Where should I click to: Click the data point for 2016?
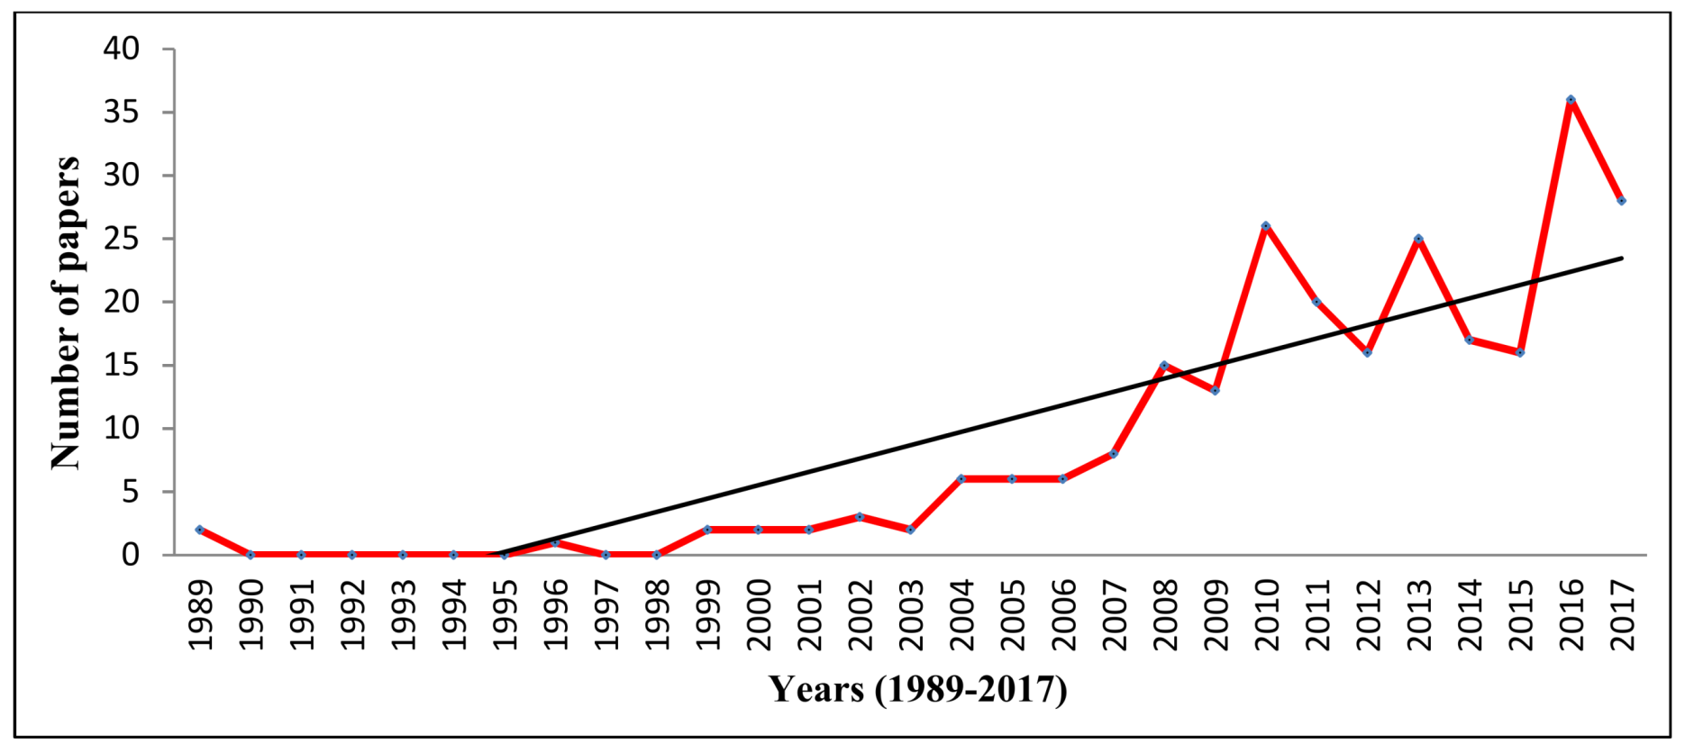pyautogui.click(x=1571, y=100)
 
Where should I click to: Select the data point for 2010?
pyautogui.click(x=1266, y=226)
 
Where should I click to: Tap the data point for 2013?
pyautogui.click(x=1418, y=239)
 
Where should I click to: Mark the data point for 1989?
pyautogui.click(x=199, y=530)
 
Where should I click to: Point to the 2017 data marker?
pyautogui.click(x=1621, y=201)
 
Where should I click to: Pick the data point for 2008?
pyautogui.click(x=1164, y=365)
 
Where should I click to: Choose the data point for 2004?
pyautogui.click(x=961, y=479)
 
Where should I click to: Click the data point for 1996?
pyautogui.click(x=555, y=542)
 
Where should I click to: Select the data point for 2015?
pyautogui.click(x=1520, y=352)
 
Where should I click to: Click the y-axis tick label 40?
pyautogui.click(x=122, y=49)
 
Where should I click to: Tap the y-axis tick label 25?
pyautogui.click(x=122, y=239)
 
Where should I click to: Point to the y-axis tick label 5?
pyautogui.click(x=132, y=492)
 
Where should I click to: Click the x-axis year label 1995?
pyautogui.click(x=505, y=614)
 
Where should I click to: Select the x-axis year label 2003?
pyautogui.click(x=911, y=614)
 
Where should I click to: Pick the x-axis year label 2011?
pyautogui.click(x=1317, y=614)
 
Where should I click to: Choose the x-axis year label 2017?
pyautogui.click(x=1622, y=614)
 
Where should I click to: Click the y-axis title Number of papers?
pyautogui.click(x=65, y=313)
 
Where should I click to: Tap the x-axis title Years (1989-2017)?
pyautogui.click(x=917, y=689)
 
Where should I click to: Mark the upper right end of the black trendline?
pyautogui.click(x=1621, y=259)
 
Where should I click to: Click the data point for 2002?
pyautogui.click(x=860, y=517)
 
